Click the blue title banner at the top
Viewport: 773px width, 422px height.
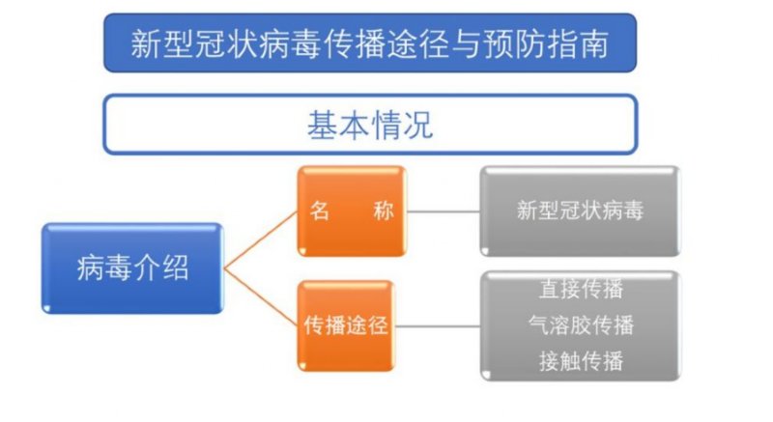point(370,43)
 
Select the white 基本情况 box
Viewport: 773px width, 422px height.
point(370,125)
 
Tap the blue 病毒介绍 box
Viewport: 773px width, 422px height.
point(132,268)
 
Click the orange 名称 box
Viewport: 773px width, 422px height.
point(352,211)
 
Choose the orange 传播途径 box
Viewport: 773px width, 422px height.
point(346,325)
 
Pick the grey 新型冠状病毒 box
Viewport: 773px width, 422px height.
point(581,211)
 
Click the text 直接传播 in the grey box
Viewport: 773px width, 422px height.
point(582,289)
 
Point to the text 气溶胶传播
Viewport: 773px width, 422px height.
point(582,325)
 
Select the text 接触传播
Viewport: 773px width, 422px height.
point(582,361)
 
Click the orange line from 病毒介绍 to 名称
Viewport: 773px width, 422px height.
point(261,240)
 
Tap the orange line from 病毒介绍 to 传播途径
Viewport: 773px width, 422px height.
point(261,296)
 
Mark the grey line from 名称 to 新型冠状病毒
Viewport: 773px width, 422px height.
point(444,211)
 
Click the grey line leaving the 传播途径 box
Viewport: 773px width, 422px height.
point(438,326)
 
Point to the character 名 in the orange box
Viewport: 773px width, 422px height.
point(320,211)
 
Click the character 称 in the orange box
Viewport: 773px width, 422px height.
point(384,211)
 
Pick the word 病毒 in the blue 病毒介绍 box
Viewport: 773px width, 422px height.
point(104,268)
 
